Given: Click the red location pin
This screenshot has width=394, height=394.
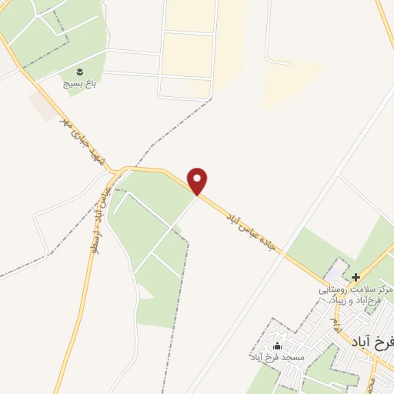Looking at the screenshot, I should coord(198,180).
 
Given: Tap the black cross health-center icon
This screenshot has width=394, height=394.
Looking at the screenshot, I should coord(356,277).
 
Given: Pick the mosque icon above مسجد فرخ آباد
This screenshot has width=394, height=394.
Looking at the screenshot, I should coord(278,346).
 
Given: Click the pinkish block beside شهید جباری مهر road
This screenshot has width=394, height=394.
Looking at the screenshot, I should coord(42,106).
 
